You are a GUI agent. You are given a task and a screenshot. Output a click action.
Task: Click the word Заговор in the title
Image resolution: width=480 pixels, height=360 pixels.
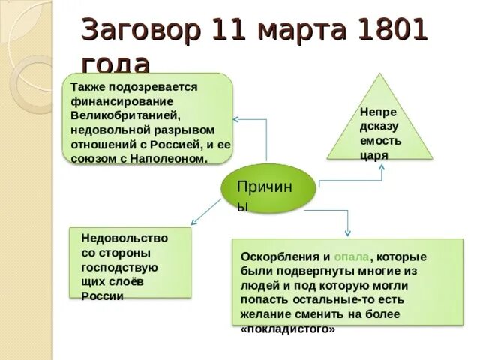pos(140,31)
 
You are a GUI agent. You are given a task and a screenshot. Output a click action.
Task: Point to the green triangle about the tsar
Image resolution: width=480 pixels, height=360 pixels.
pos(380,124)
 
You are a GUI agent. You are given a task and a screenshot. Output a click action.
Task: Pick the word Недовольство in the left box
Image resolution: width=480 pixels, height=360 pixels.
pos(124,236)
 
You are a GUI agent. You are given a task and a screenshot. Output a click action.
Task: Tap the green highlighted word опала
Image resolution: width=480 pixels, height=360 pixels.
pos(351,255)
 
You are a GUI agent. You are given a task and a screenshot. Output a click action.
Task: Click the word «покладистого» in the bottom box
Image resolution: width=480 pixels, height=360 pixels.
pos(288,328)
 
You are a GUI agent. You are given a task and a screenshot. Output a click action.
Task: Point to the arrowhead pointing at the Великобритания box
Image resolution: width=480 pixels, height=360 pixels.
pos(235,118)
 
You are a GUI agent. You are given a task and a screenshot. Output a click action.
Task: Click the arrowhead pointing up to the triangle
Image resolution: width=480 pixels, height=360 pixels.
pos(380,167)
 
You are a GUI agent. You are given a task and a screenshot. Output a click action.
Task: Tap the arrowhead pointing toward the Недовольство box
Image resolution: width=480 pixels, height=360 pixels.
pos(193,222)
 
